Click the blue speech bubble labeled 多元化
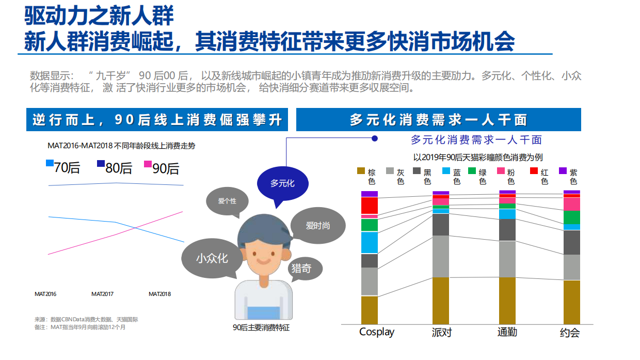click(283, 183)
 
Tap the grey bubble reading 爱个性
click(227, 201)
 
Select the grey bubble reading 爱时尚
click(317, 225)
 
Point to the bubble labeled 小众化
click(212, 258)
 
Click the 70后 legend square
click(50, 163)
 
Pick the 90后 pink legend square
click(148, 164)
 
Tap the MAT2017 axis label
click(102, 294)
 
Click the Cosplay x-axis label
click(377, 332)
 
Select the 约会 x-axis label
click(570, 332)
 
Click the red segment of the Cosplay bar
click(370, 205)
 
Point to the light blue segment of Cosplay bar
click(370, 242)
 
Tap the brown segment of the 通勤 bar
click(507, 300)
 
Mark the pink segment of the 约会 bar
click(571, 204)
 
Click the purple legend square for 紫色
click(563, 171)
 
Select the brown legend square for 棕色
click(361, 171)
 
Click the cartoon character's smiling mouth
click(264, 260)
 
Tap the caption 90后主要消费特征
click(261, 327)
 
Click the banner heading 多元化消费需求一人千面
click(438, 120)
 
